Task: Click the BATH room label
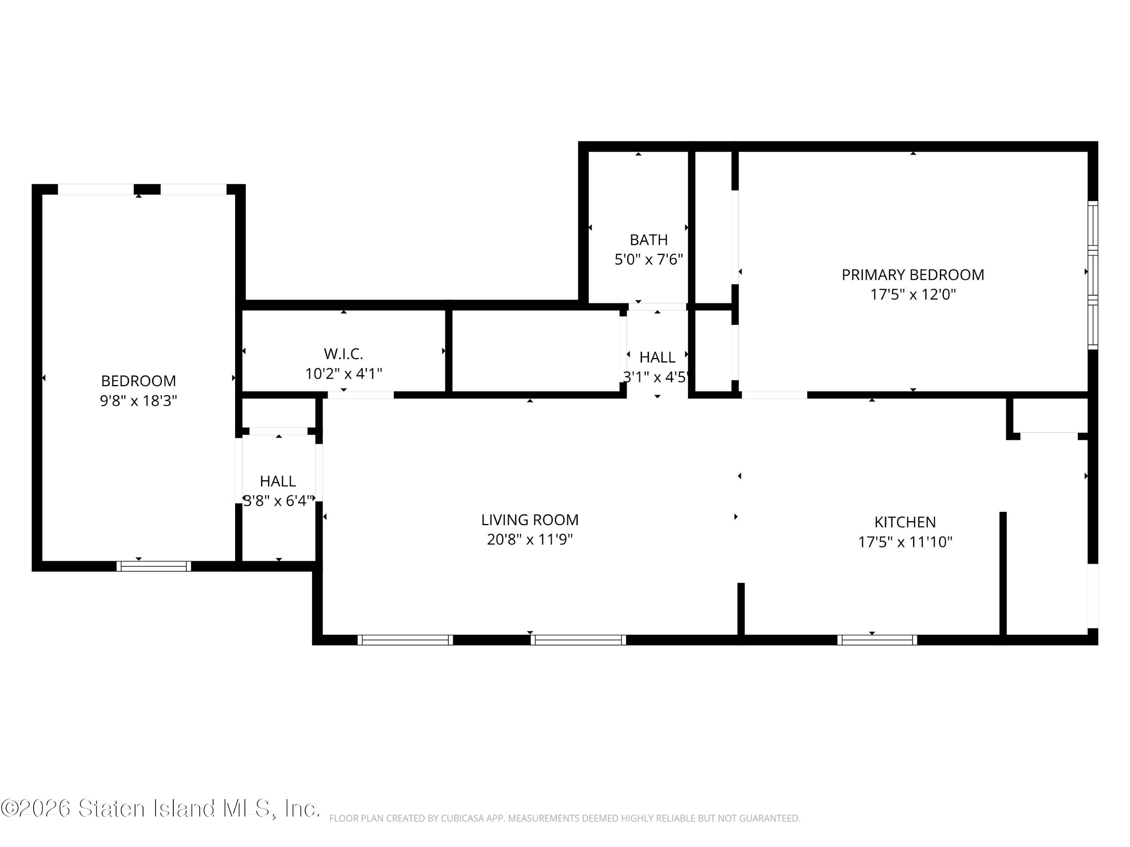point(648,239)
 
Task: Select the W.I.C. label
point(343,353)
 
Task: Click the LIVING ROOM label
point(530,520)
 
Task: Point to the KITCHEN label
point(905,522)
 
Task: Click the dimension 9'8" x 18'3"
point(139,401)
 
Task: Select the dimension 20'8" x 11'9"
point(530,540)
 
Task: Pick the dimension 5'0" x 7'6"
point(648,259)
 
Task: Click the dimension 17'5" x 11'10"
point(905,542)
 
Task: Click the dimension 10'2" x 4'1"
point(343,374)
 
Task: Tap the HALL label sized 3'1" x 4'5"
point(657,357)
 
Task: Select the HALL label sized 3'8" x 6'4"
point(278,481)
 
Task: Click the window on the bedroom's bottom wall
point(154,566)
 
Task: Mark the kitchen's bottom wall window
point(877,640)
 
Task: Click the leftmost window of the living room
point(405,640)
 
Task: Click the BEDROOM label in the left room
point(139,381)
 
